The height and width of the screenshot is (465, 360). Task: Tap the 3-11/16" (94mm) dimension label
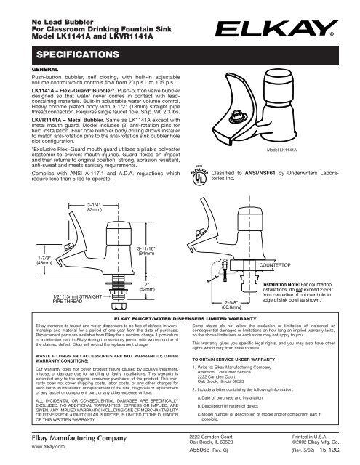click(x=148, y=251)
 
